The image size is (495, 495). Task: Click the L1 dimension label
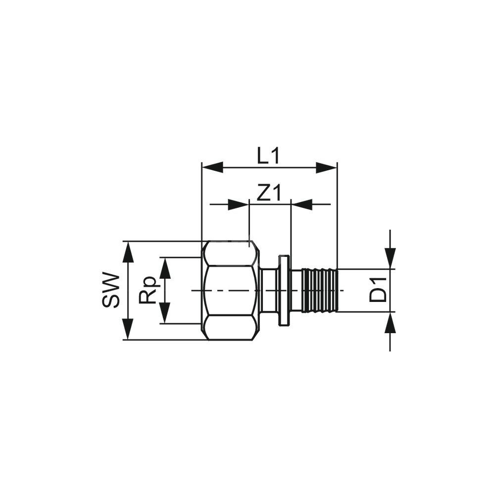click(268, 156)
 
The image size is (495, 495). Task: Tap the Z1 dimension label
click(269, 193)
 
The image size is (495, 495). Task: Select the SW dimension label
click(111, 290)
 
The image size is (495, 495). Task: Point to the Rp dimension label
click(148, 290)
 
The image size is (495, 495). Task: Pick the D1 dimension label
click(378, 290)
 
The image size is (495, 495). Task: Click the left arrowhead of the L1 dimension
click(212, 168)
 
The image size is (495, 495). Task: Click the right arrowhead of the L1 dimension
click(327, 168)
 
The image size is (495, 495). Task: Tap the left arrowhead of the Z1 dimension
click(239, 204)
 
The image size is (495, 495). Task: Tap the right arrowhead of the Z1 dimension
click(302, 204)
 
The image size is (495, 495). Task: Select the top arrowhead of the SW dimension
click(128, 252)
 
